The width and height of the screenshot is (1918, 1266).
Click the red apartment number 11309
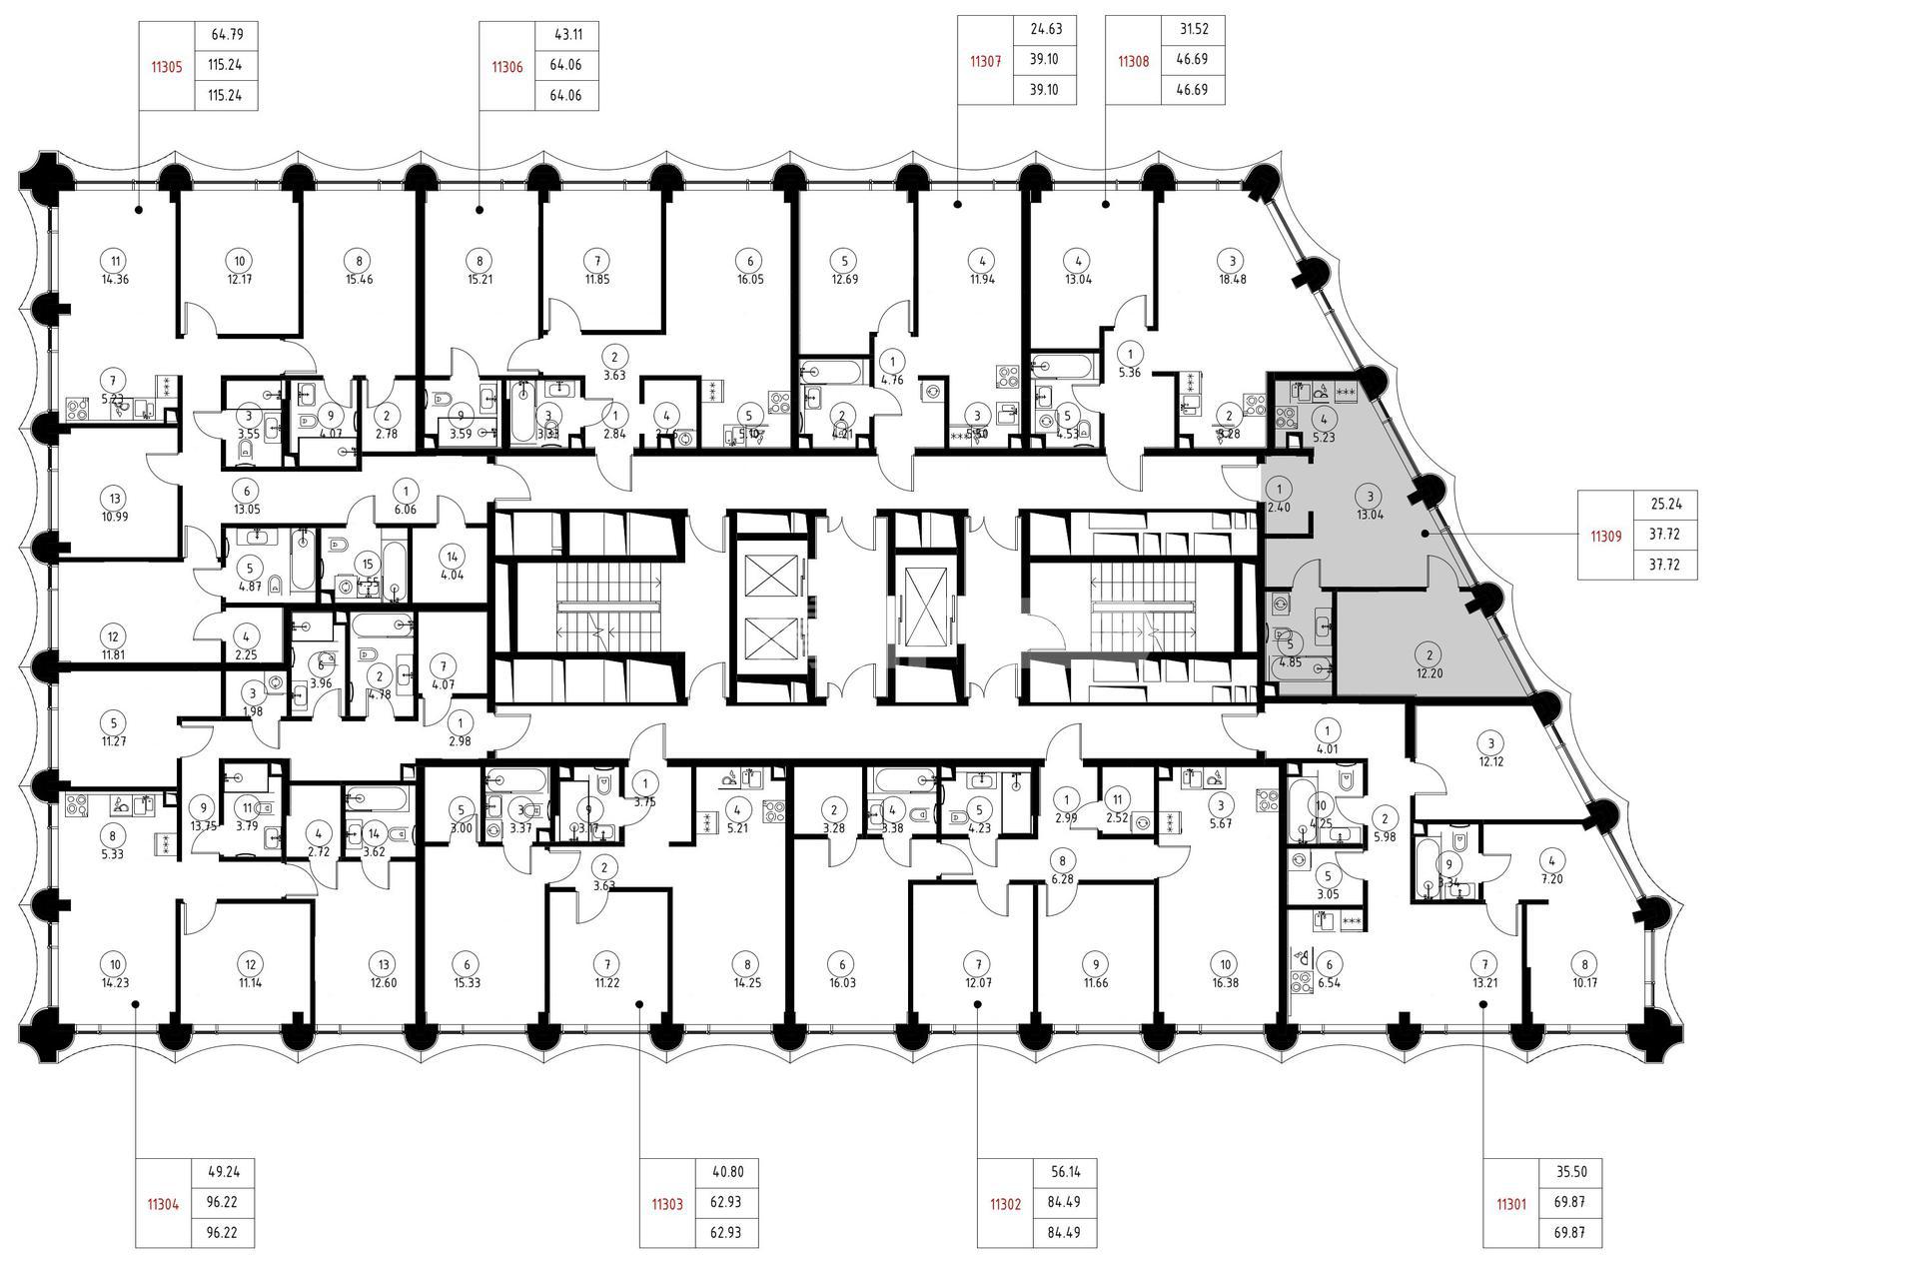click(x=1605, y=536)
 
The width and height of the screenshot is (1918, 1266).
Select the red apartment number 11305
click(x=165, y=66)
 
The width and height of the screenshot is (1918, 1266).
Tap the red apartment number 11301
click(x=1511, y=1204)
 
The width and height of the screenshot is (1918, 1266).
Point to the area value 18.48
click(x=1233, y=280)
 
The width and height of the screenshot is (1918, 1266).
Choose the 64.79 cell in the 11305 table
click(x=228, y=35)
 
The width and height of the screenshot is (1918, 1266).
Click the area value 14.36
click(x=116, y=280)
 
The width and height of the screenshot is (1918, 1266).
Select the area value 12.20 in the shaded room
click(x=1430, y=673)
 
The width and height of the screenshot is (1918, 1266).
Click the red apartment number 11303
click(x=667, y=1204)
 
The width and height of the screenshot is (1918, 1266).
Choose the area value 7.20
click(x=1551, y=878)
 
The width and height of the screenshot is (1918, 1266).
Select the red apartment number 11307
click(x=985, y=61)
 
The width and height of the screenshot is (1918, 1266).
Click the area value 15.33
click(x=467, y=982)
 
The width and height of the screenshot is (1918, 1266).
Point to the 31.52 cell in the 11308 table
click(x=1194, y=29)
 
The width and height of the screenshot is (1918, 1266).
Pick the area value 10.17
click(x=1583, y=982)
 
